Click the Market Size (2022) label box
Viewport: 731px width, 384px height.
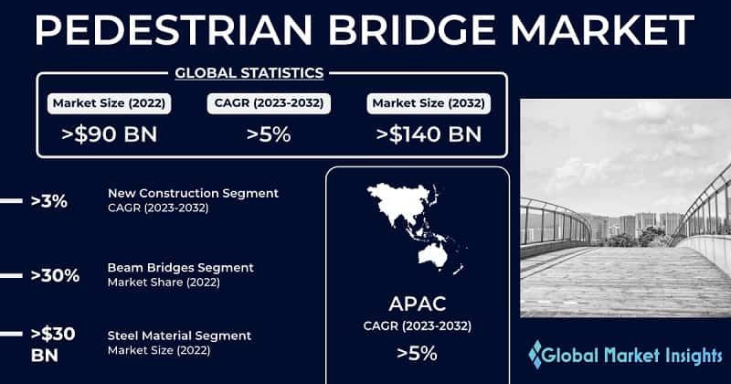110,102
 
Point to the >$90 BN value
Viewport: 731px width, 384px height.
110,134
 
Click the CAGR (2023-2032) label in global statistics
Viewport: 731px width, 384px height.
269,102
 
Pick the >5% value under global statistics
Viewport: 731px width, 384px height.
269,134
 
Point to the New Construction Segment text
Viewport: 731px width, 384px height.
193,193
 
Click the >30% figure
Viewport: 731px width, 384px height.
54,274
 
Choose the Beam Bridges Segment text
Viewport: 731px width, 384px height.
180,267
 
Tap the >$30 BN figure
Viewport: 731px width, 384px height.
53,343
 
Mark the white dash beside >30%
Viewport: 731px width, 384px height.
10,274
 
